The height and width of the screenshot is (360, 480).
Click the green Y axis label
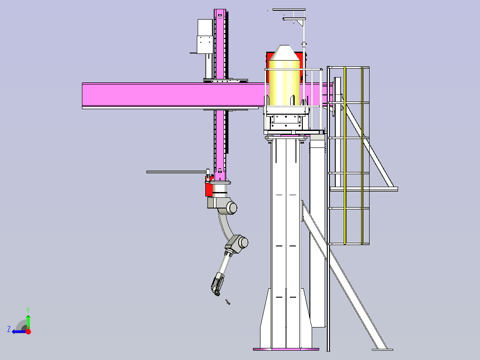28,310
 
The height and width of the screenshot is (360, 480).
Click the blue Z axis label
9,329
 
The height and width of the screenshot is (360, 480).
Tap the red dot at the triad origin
28,331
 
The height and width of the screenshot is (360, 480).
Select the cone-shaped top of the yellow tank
284,53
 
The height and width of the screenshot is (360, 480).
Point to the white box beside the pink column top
205,36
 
